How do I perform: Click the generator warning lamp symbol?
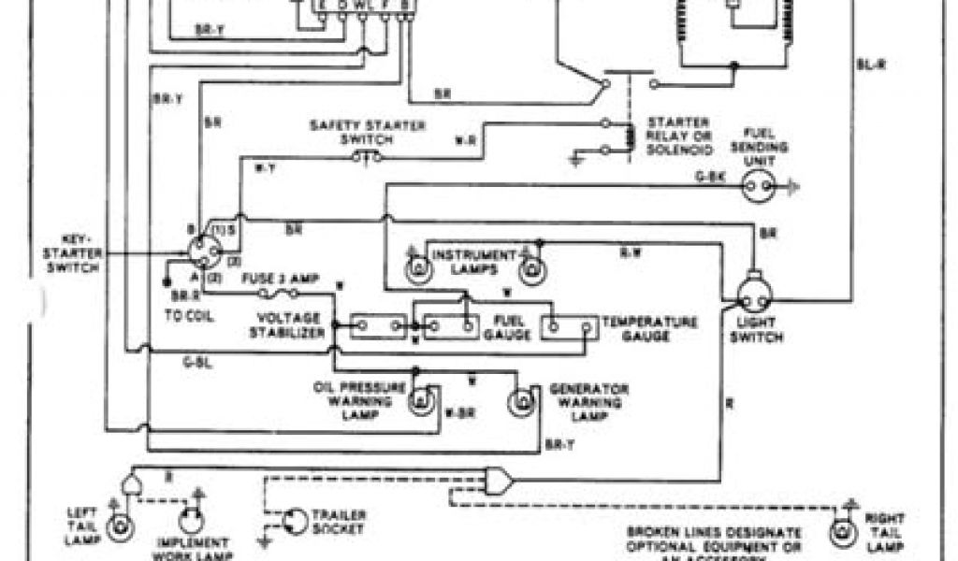(521, 402)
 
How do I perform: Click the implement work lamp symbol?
(194, 522)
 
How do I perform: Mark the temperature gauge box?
(571, 327)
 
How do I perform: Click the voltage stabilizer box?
(378, 326)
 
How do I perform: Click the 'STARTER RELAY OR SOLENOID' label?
(679, 136)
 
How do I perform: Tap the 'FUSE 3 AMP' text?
(280, 279)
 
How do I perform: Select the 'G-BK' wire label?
(708, 175)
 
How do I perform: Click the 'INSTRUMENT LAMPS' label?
(473, 261)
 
